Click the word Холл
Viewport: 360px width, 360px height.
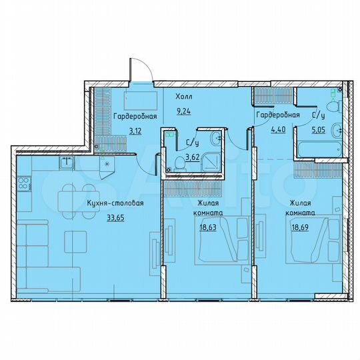point(184,96)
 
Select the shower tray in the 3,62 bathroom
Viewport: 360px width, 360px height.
point(213,161)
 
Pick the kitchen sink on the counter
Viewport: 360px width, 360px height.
point(67,161)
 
